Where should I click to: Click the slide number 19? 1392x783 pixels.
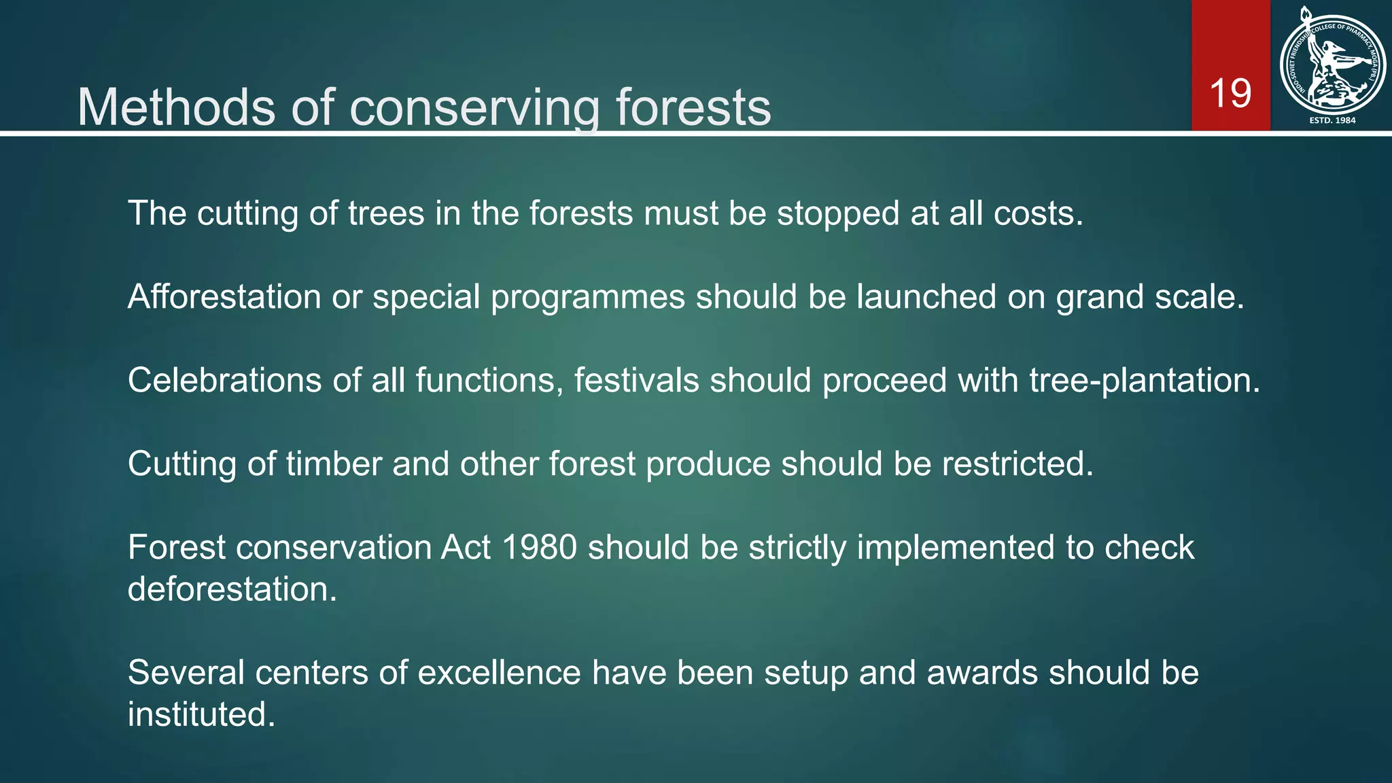point(1230,93)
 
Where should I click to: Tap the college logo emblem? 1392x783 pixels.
point(1332,65)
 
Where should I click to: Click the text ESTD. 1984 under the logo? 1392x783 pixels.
point(1332,120)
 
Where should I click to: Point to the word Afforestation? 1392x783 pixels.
point(224,297)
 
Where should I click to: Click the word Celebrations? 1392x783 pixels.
point(224,380)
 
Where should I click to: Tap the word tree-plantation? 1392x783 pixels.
point(1145,380)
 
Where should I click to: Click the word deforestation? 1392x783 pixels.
point(232,589)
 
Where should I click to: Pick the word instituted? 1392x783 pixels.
point(201,714)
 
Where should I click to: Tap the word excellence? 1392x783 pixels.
point(499,673)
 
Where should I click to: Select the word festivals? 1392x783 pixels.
point(636,380)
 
